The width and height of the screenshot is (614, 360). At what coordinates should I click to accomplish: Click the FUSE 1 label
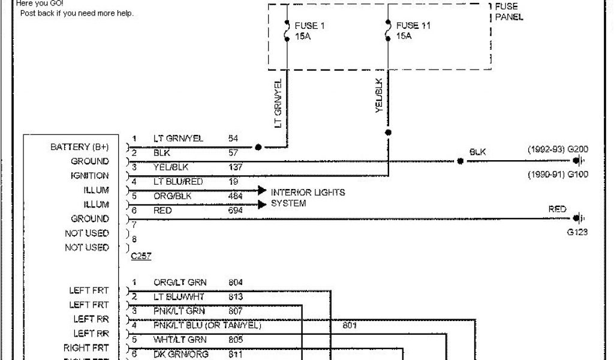tap(309, 26)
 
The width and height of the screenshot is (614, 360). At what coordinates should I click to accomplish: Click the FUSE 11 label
tap(413, 26)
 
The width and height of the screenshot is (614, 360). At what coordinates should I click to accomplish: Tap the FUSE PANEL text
tap(508, 12)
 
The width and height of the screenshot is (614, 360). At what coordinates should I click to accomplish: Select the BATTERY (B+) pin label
tap(80, 147)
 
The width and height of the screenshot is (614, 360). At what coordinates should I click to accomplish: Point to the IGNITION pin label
tap(90, 176)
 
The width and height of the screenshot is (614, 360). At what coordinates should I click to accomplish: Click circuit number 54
tap(233, 139)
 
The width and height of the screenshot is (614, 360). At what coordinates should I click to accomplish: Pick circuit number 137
tap(236, 167)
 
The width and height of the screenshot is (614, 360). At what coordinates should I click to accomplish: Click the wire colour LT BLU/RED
tap(178, 182)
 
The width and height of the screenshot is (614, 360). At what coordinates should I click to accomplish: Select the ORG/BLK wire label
tap(172, 196)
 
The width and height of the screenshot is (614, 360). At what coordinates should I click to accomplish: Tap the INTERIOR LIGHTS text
tap(308, 193)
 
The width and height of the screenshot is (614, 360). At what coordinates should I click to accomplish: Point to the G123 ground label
tap(577, 233)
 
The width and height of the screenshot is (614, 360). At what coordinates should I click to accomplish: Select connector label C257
tap(141, 256)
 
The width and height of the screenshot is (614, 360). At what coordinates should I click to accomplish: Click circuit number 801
tap(350, 326)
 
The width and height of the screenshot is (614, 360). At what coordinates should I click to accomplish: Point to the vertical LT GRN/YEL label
tap(278, 103)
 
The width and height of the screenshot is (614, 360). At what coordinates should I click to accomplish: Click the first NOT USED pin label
tap(87, 233)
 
